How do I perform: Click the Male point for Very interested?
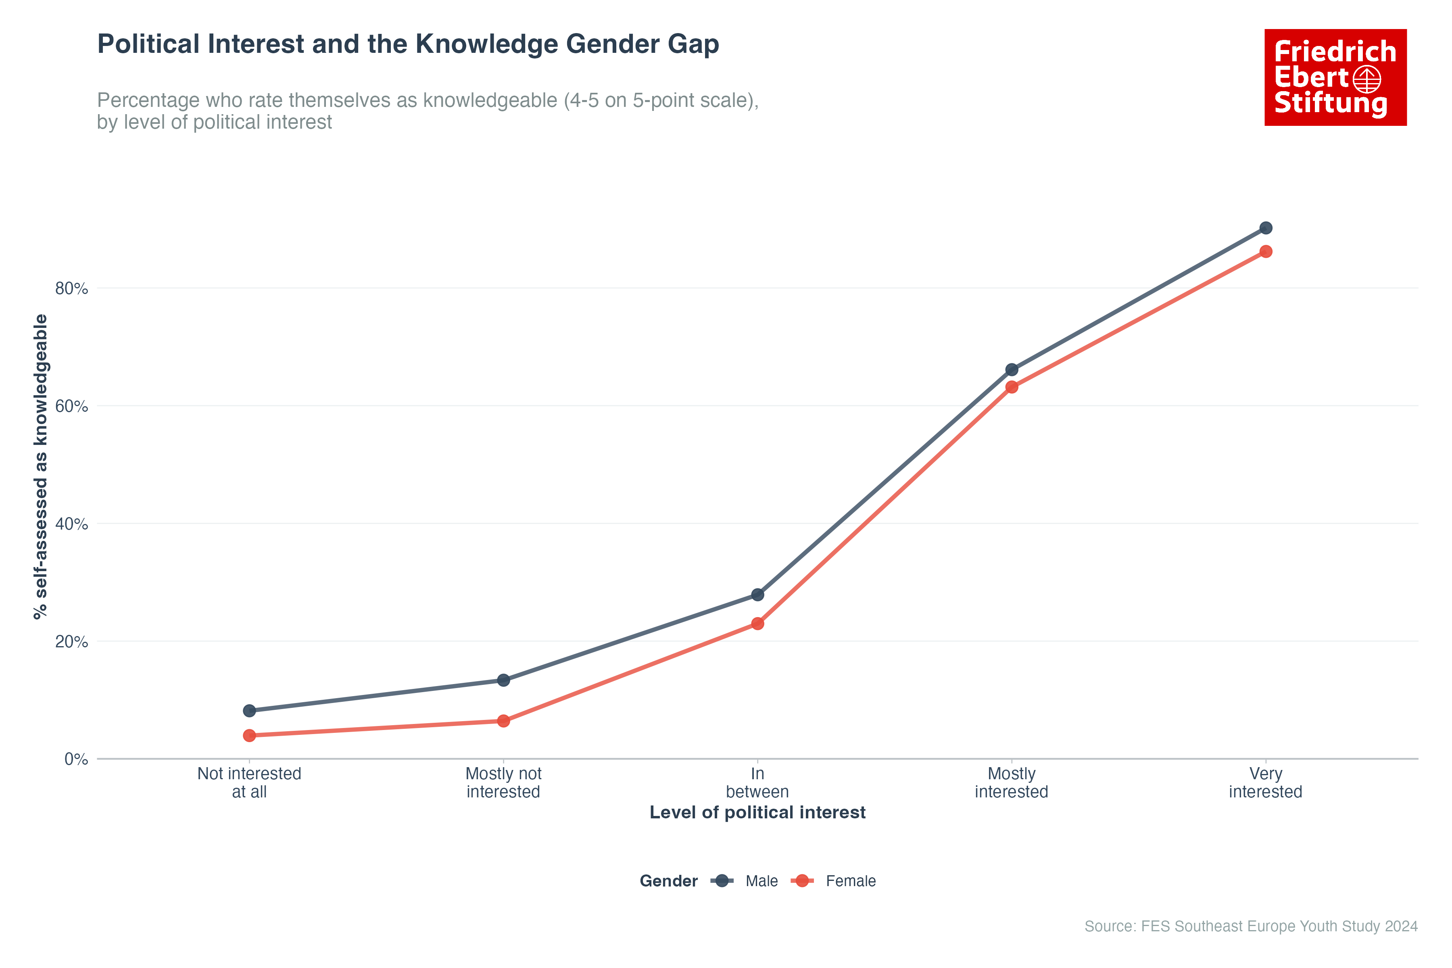(1266, 228)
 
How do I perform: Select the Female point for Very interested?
(1266, 251)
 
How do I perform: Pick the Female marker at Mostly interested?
(1011, 387)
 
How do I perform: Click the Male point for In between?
(757, 595)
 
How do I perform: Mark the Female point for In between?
(757, 624)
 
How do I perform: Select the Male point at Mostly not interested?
(503, 680)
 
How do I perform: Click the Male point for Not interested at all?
(249, 711)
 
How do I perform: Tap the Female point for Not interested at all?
(249, 735)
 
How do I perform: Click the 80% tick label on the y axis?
(72, 288)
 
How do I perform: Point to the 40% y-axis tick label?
(72, 524)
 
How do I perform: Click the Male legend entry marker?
(722, 881)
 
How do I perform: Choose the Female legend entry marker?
(802, 881)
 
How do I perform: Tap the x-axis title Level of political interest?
(757, 812)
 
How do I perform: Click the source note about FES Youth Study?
(1251, 926)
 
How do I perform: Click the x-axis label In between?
(757, 783)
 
